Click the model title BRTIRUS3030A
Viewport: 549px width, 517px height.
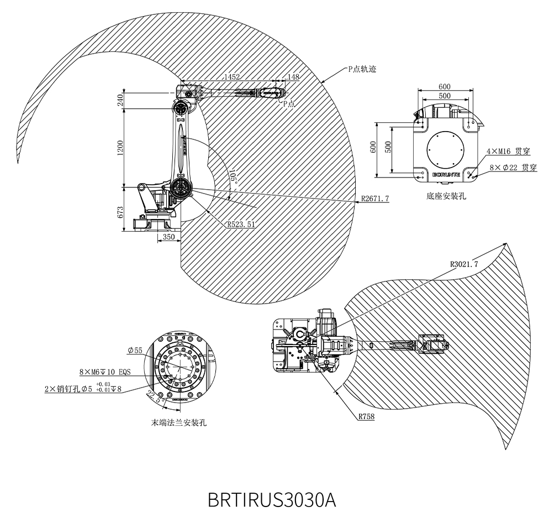[x=272, y=499]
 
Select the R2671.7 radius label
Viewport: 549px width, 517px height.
[x=375, y=199]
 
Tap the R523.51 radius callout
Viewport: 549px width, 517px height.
[x=241, y=224]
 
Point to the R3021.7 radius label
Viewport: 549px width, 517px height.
[x=464, y=264]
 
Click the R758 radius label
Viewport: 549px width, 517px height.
[x=366, y=416]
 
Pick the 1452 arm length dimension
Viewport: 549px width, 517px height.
[x=232, y=76]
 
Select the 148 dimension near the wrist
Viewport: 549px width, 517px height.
[x=293, y=76]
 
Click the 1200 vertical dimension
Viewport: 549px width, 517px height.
[x=120, y=148]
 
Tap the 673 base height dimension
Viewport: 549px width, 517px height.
[x=120, y=213]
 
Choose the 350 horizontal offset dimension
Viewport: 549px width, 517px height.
[x=169, y=237]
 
